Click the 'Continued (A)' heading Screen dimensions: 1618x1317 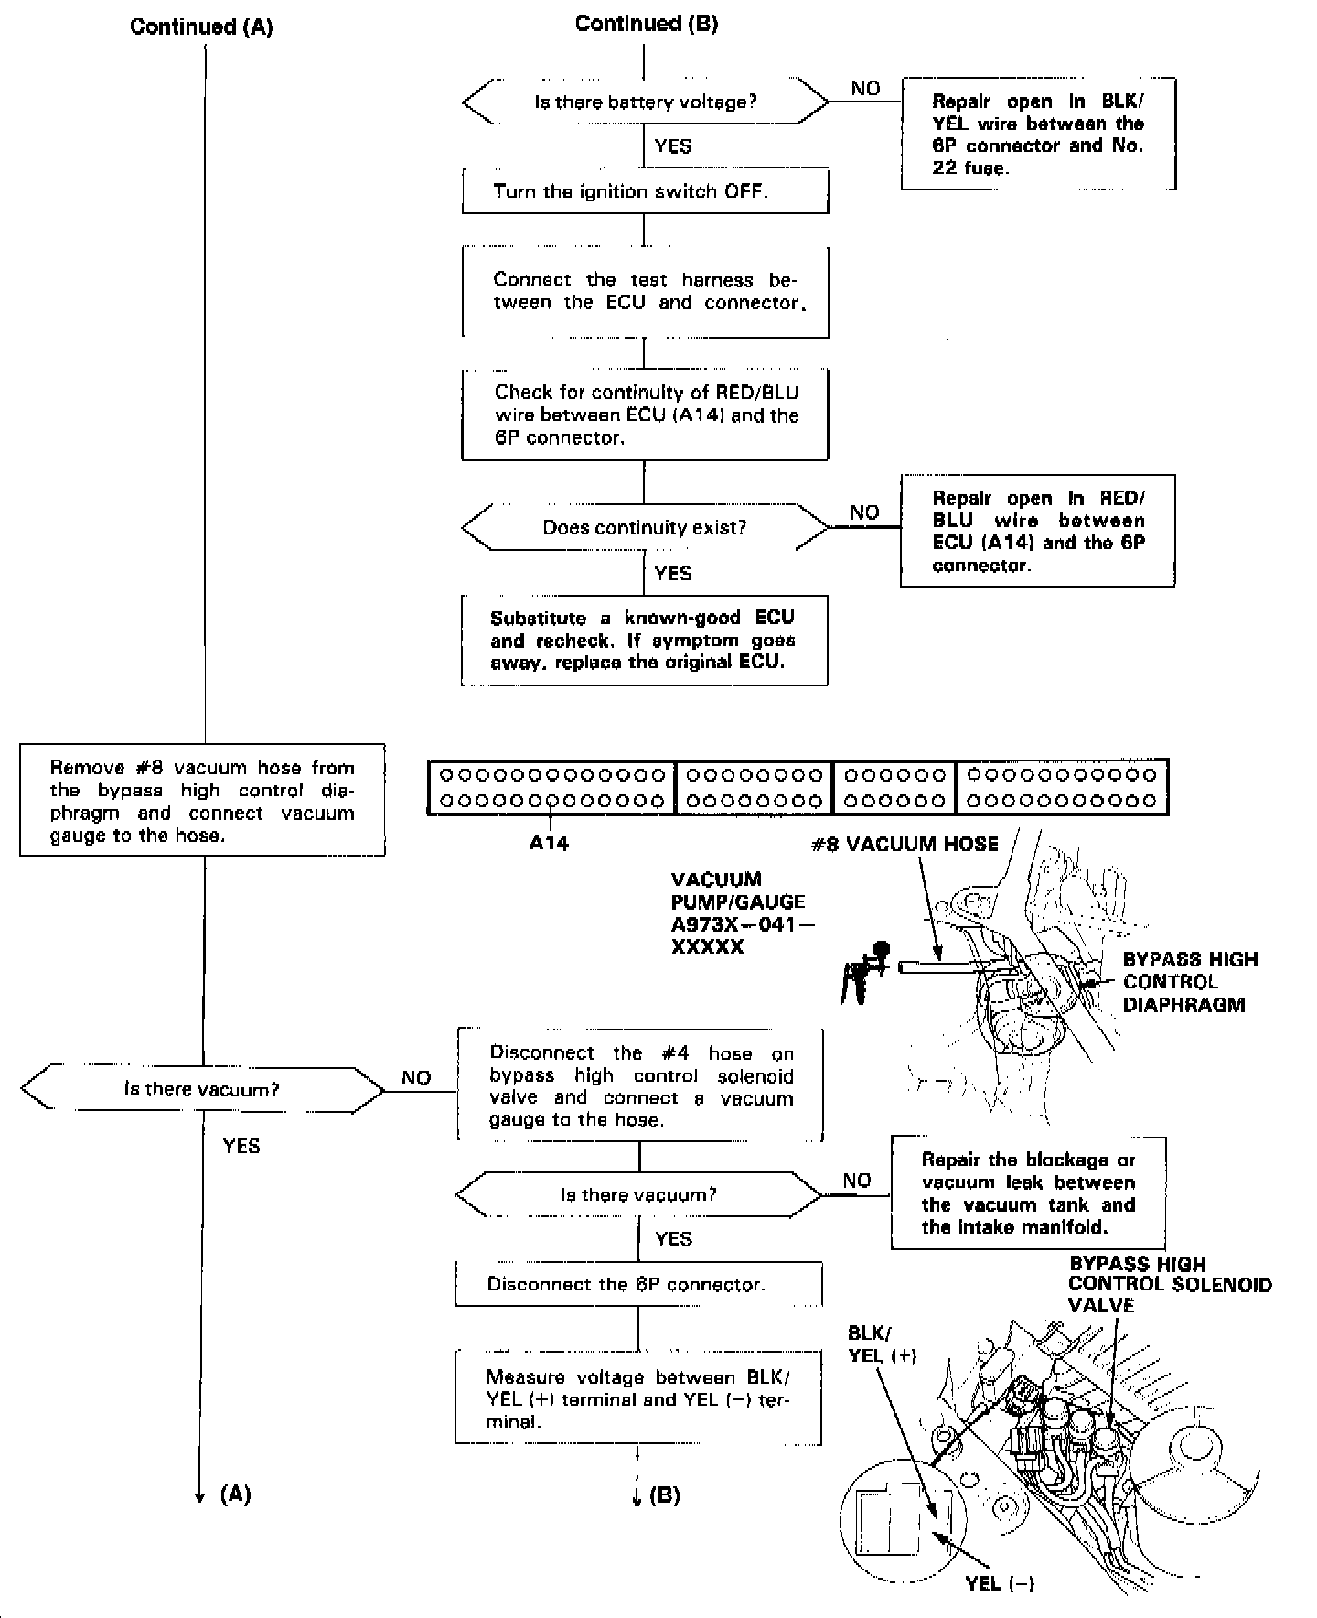[x=201, y=27]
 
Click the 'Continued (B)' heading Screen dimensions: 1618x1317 [x=646, y=25]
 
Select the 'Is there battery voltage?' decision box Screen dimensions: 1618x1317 [x=645, y=102]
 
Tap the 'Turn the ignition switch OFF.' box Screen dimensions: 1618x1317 [x=645, y=191]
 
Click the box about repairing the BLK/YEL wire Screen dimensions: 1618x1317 [x=1037, y=135]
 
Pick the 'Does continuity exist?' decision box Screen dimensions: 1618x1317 [x=645, y=527]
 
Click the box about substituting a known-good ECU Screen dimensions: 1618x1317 [x=644, y=640]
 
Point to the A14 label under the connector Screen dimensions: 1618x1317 [x=549, y=843]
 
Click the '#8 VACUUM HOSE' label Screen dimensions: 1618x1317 [x=905, y=843]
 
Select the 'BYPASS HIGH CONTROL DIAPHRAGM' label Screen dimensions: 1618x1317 [x=1189, y=981]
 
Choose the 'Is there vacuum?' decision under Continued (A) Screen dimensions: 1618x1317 [x=202, y=1089]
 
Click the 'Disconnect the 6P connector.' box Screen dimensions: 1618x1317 [x=638, y=1284]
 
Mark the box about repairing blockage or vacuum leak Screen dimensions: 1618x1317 [x=1028, y=1193]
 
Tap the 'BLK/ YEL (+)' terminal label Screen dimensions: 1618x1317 [x=882, y=1343]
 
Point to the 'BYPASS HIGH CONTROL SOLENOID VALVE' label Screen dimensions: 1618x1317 [x=1169, y=1284]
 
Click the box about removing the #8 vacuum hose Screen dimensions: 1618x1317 [x=202, y=801]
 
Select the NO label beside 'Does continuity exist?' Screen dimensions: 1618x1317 [x=864, y=512]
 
